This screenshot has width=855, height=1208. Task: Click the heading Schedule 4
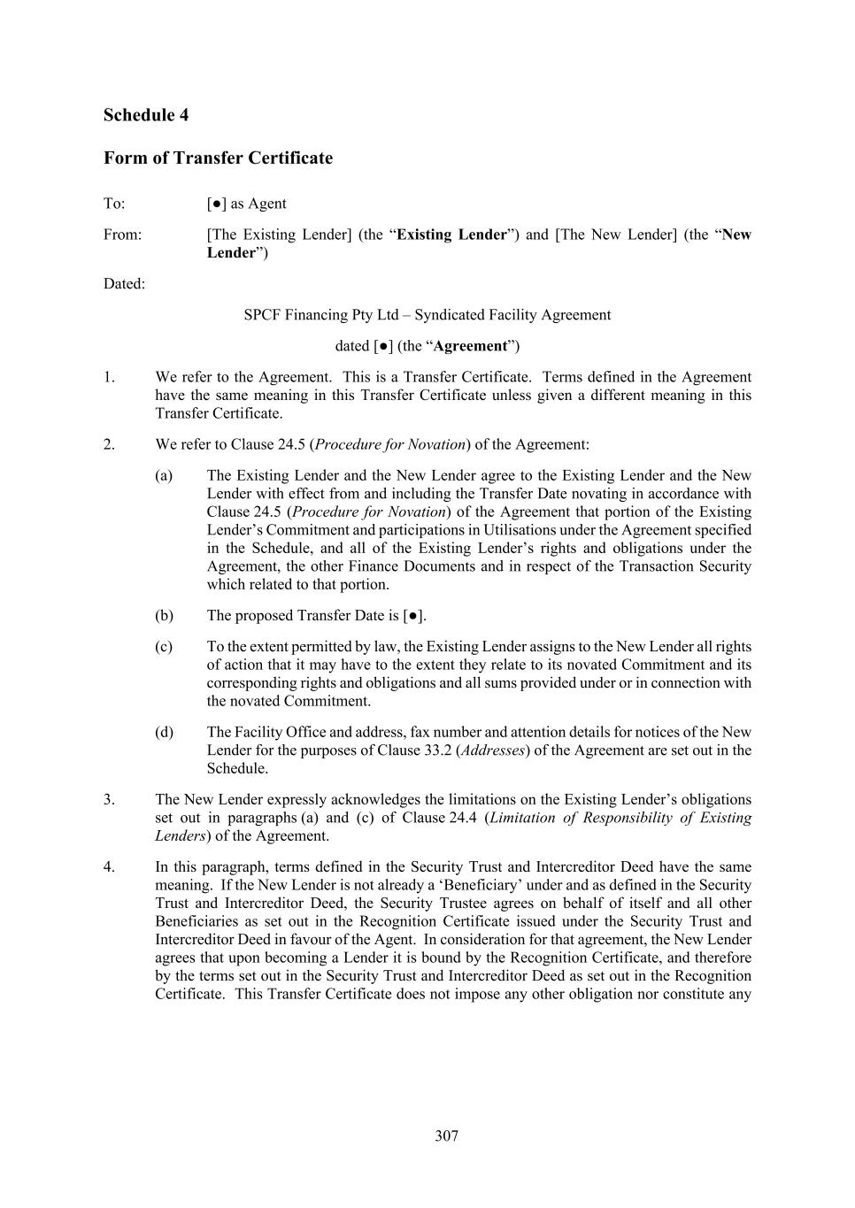pyautogui.click(x=146, y=115)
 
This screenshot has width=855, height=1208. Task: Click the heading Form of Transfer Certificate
pyautogui.click(x=218, y=158)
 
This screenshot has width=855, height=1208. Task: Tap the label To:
pyautogui.click(x=114, y=204)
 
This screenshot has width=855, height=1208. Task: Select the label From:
pyautogui.click(x=122, y=235)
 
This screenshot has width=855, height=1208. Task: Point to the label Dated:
pyautogui.click(x=124, y=284)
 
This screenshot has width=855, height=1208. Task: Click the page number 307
pyautogui.click(x=446, y=1135)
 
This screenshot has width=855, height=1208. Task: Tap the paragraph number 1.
pyautogui.click(x=109, y=377)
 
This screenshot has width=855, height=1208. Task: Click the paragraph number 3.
pyautogui.click(x=109, y=799)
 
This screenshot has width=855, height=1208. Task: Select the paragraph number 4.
pyautogui.click(x=109, y=866)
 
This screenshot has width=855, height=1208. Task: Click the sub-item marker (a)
pyautogui.click(x=164, y=476)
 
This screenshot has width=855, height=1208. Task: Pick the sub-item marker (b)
pyautogui.click(x=164, y=615)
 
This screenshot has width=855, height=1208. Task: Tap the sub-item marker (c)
pyautogui.click(x=164, y=647)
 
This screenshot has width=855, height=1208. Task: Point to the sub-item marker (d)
pyautogui.click(x=164, y=732)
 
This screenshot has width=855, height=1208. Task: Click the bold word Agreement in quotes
pyautogui.click(x=470, y=346)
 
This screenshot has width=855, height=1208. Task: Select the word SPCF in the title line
pyautogui.click(x=262, y=315)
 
